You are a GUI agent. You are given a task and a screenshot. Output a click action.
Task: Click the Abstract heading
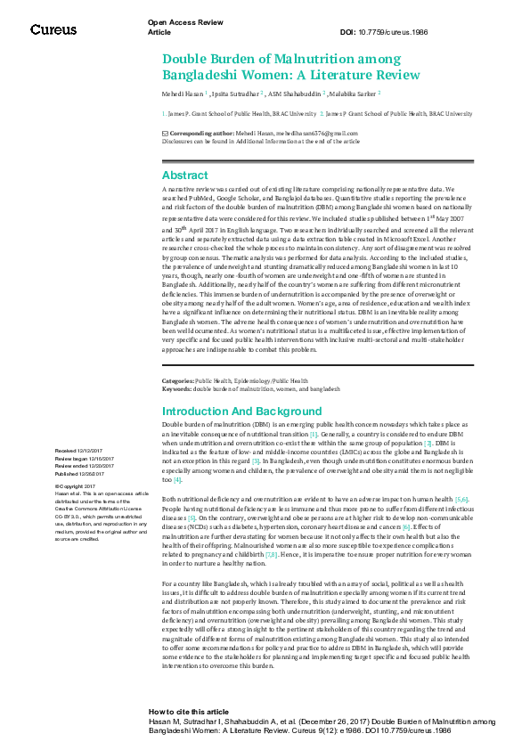[x=184, y=175]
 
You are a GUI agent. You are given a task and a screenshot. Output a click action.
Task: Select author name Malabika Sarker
[x=352, y=92]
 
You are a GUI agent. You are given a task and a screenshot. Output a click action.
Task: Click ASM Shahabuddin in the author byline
[x=295, y=92]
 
